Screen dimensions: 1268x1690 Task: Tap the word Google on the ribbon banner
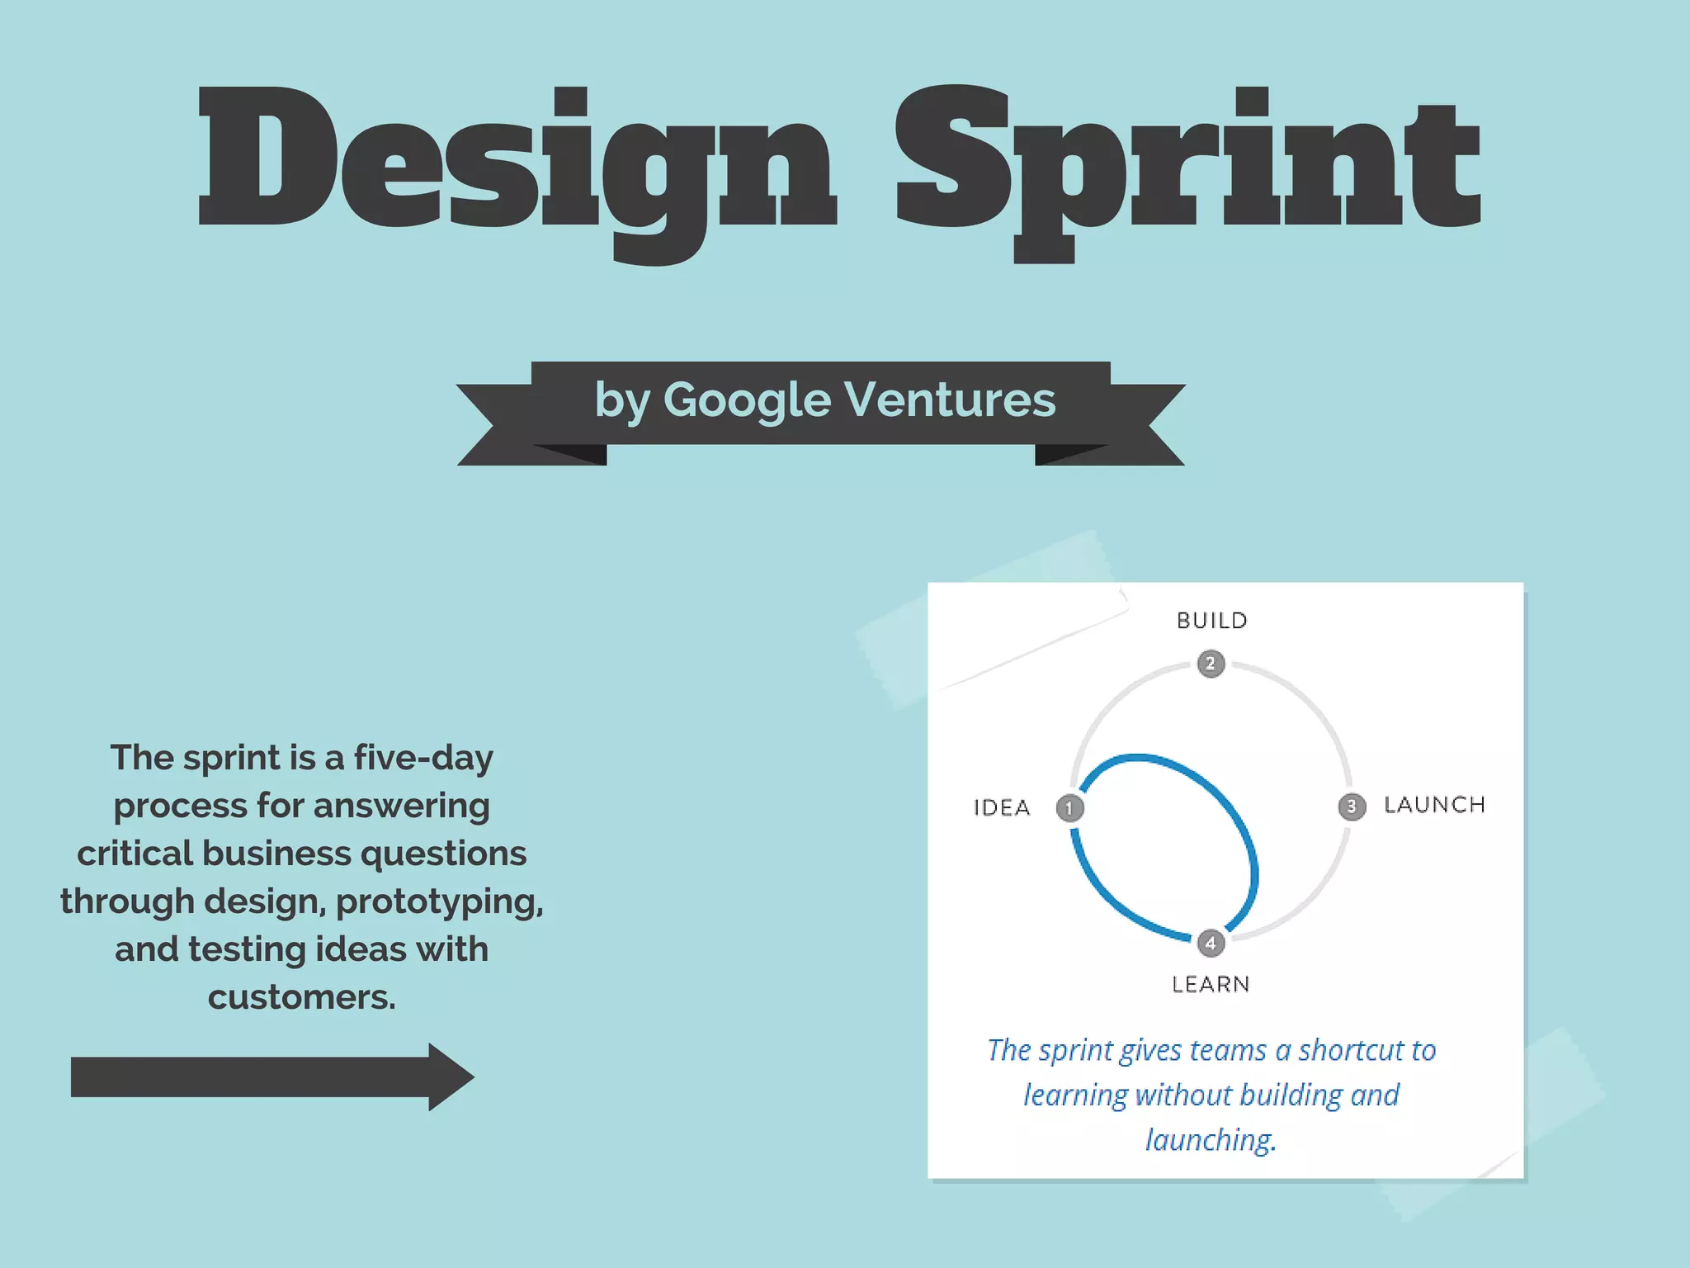click(x=747, y=400)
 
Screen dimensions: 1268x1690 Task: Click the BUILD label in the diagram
click(x=1211, y=621)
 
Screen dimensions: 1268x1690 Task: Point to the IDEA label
click(x=1002, y=807)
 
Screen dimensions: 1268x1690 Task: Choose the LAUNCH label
click(x=1434, y=805)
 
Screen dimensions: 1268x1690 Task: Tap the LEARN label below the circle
click(x=1211, y=984)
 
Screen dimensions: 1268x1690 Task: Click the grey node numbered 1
click(x=1069, y=807)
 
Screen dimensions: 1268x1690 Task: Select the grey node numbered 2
click(x=1211, y=663)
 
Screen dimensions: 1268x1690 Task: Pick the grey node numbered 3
click(x=1352, y=806)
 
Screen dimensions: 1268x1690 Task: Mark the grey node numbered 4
click(x=1211, y=943)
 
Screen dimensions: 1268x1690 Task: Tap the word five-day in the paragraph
click(x=423, y=758)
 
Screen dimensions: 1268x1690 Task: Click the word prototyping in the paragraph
click(x=438, y=901)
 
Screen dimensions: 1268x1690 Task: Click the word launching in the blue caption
click(x=1210, y=1140)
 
